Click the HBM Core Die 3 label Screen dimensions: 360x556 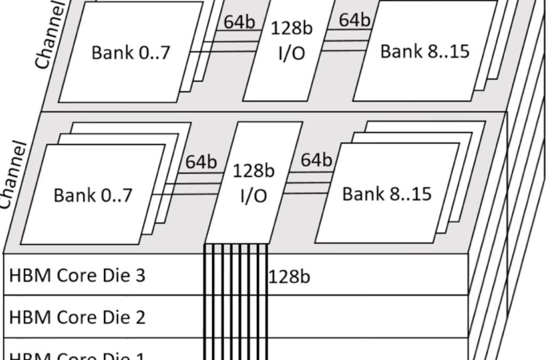point(77,276)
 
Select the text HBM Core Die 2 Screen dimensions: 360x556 point(77,317)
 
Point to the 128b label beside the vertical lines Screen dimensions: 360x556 point(289,277)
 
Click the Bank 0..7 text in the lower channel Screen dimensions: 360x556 point(93,196)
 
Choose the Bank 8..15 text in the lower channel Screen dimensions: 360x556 point(386,194)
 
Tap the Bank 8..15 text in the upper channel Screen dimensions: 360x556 point(425,51)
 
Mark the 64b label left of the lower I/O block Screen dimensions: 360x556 point(201,162)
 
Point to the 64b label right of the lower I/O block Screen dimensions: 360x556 point(316,159)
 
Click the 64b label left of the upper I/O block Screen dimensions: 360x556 point(239,22)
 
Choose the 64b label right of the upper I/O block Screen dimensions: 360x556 point(354,20)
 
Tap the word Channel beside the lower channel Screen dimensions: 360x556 point(13,176)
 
